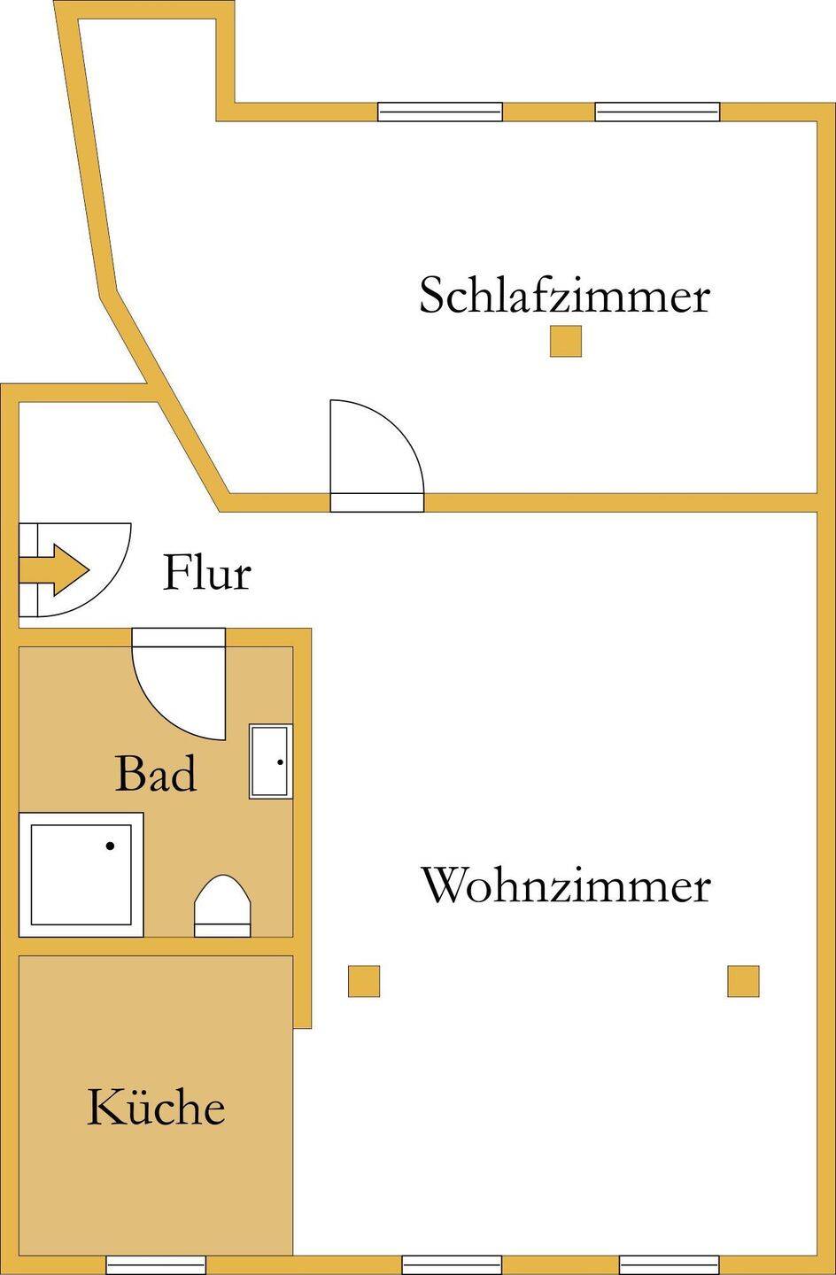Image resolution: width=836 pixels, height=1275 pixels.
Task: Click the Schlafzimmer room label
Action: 564,295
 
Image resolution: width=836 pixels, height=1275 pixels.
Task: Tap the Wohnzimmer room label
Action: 565,885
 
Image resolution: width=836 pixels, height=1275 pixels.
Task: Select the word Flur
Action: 206,573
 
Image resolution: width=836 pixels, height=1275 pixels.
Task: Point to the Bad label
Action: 156,774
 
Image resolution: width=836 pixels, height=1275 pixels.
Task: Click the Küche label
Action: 156,1108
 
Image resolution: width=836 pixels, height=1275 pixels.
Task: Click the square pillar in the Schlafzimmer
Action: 565,341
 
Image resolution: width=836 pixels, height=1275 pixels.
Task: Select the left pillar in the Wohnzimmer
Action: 363,981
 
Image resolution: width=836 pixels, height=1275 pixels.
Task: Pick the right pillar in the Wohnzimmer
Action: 743,981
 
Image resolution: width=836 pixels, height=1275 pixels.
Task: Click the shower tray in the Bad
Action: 81,874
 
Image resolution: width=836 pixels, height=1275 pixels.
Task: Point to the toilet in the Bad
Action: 223,905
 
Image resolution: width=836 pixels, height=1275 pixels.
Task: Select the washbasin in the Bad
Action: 270,761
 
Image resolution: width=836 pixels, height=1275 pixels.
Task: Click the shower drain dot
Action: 110,846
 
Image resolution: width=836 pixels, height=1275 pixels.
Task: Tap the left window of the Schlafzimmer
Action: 439,112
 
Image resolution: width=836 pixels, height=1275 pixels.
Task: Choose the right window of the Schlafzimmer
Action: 657,112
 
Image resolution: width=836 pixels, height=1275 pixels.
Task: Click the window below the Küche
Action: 156,1264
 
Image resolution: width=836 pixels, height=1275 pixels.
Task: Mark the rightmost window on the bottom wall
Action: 669,1264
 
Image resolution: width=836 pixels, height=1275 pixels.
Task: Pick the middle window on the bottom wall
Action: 452,1264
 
